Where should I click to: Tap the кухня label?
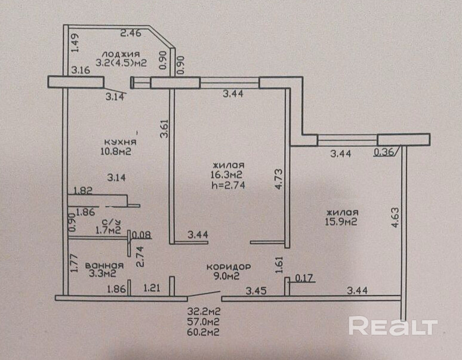tap(121, 142)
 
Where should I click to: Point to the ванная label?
tap(104, 266)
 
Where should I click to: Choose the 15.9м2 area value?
tap(342, 223)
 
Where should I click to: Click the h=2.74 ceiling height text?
tap(229, 185)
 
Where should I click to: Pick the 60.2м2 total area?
tap(201, 333)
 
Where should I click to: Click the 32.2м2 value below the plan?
tap(201, 312)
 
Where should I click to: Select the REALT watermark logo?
tap(393, 326)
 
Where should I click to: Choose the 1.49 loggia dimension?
tap(75, 44)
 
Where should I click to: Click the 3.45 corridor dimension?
tap(257, 291)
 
